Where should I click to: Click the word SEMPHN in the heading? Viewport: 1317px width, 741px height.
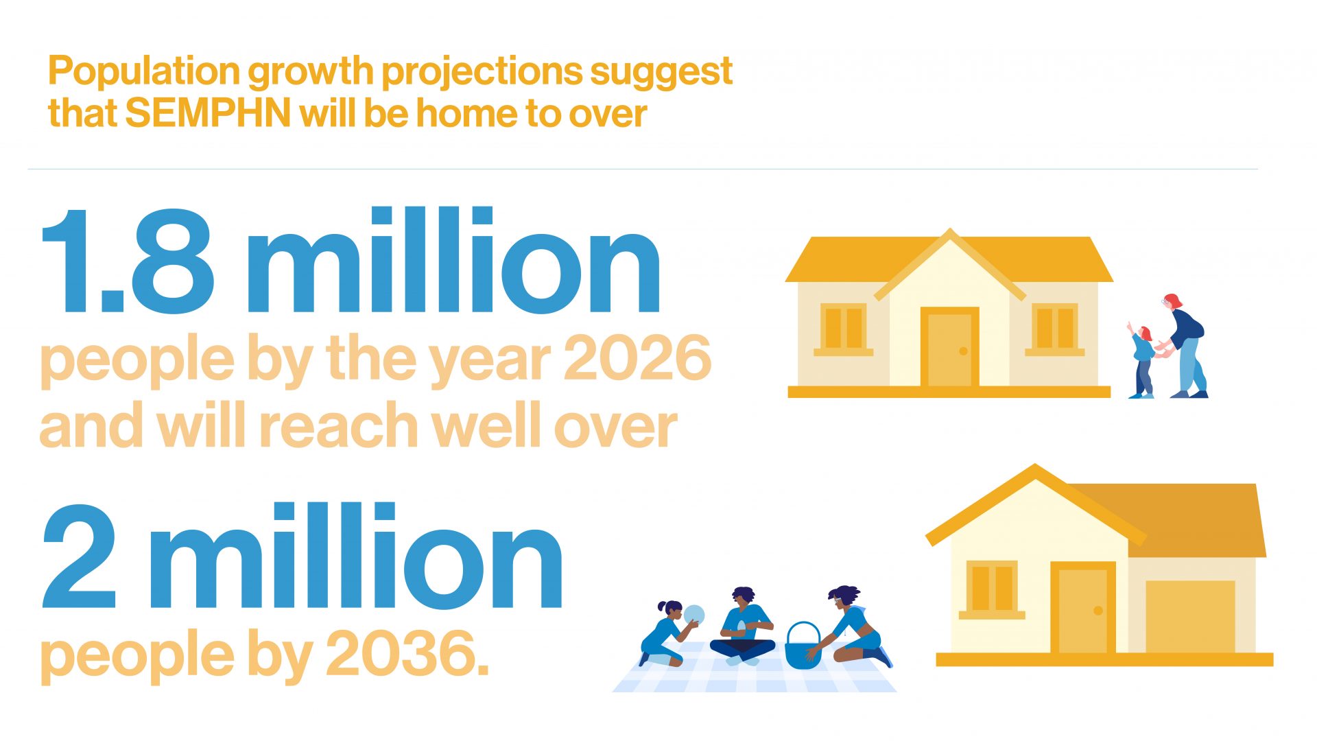(x=209, y=113)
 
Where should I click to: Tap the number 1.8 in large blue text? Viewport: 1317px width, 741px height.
(x=128, y=261)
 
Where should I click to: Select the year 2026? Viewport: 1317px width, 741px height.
(x=637, y=357)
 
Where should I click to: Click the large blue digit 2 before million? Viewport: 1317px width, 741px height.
(x=78, y=556)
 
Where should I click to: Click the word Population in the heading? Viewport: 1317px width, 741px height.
(x=143, y=71)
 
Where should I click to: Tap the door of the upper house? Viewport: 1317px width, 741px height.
(x=949, y=348)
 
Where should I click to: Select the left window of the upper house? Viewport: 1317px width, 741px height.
(x=843, y=329)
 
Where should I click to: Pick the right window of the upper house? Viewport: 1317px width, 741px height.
(x=1055, y=329)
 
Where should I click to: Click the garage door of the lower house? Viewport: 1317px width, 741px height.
(x=1190, y=617)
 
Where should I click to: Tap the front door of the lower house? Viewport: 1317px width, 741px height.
(x=1083, y=608)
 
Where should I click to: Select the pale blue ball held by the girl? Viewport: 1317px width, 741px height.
(x=694, y=615)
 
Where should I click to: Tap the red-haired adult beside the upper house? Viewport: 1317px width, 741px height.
(x=1185, y=346)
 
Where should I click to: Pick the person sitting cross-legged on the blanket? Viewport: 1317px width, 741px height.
(x=744, y=626)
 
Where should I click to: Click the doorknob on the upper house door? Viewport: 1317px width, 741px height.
(x=963, y=351)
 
